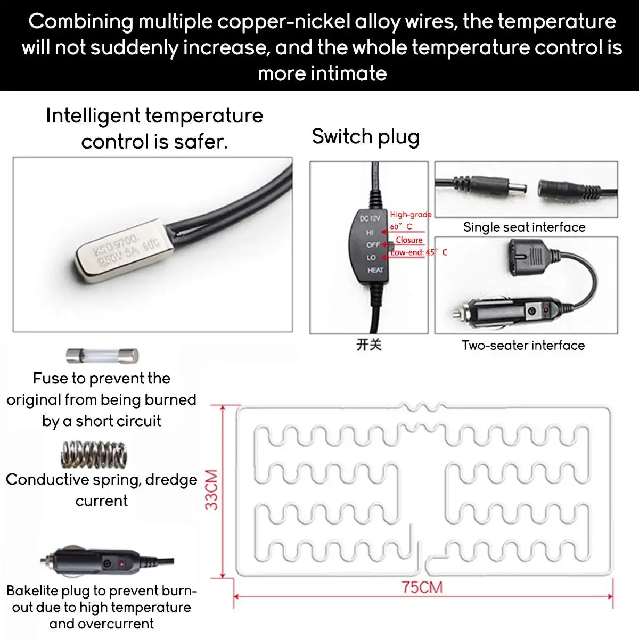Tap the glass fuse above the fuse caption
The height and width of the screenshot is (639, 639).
click(102, 355)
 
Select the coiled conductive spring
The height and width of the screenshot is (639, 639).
click(94, 455)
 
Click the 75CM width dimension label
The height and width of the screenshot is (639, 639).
click(422, 587)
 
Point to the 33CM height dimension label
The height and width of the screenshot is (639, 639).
click(212, 489)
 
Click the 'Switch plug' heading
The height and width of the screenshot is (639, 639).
click(365, 136)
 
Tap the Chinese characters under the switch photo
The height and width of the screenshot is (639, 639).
click(369, 345)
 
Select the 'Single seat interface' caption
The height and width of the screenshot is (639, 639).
click(524, 227)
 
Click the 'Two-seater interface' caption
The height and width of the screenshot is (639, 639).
click(523, 346)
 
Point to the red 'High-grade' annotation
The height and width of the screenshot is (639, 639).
click(411, 215)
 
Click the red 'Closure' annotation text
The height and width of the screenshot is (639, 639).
click(409, 240)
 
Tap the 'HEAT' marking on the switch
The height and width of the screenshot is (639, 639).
click(375, 270)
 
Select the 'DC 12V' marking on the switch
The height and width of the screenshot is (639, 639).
click(370, 218)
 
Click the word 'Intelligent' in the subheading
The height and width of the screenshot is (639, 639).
click(93, 116)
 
